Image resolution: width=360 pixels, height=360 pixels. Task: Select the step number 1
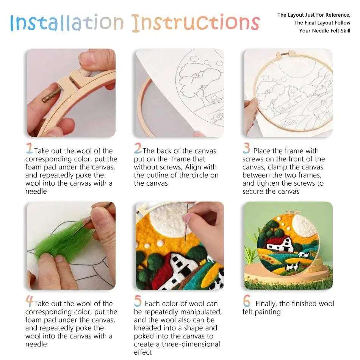[29, 148]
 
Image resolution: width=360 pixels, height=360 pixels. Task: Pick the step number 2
[138, 148]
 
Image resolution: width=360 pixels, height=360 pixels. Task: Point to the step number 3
[246, 148]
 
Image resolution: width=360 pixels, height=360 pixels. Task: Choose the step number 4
[29, 301]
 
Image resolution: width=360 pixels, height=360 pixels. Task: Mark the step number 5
[138, 301]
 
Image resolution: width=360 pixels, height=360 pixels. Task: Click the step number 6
[247, 301]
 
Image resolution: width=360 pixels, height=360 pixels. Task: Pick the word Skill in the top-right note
[343, 31]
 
